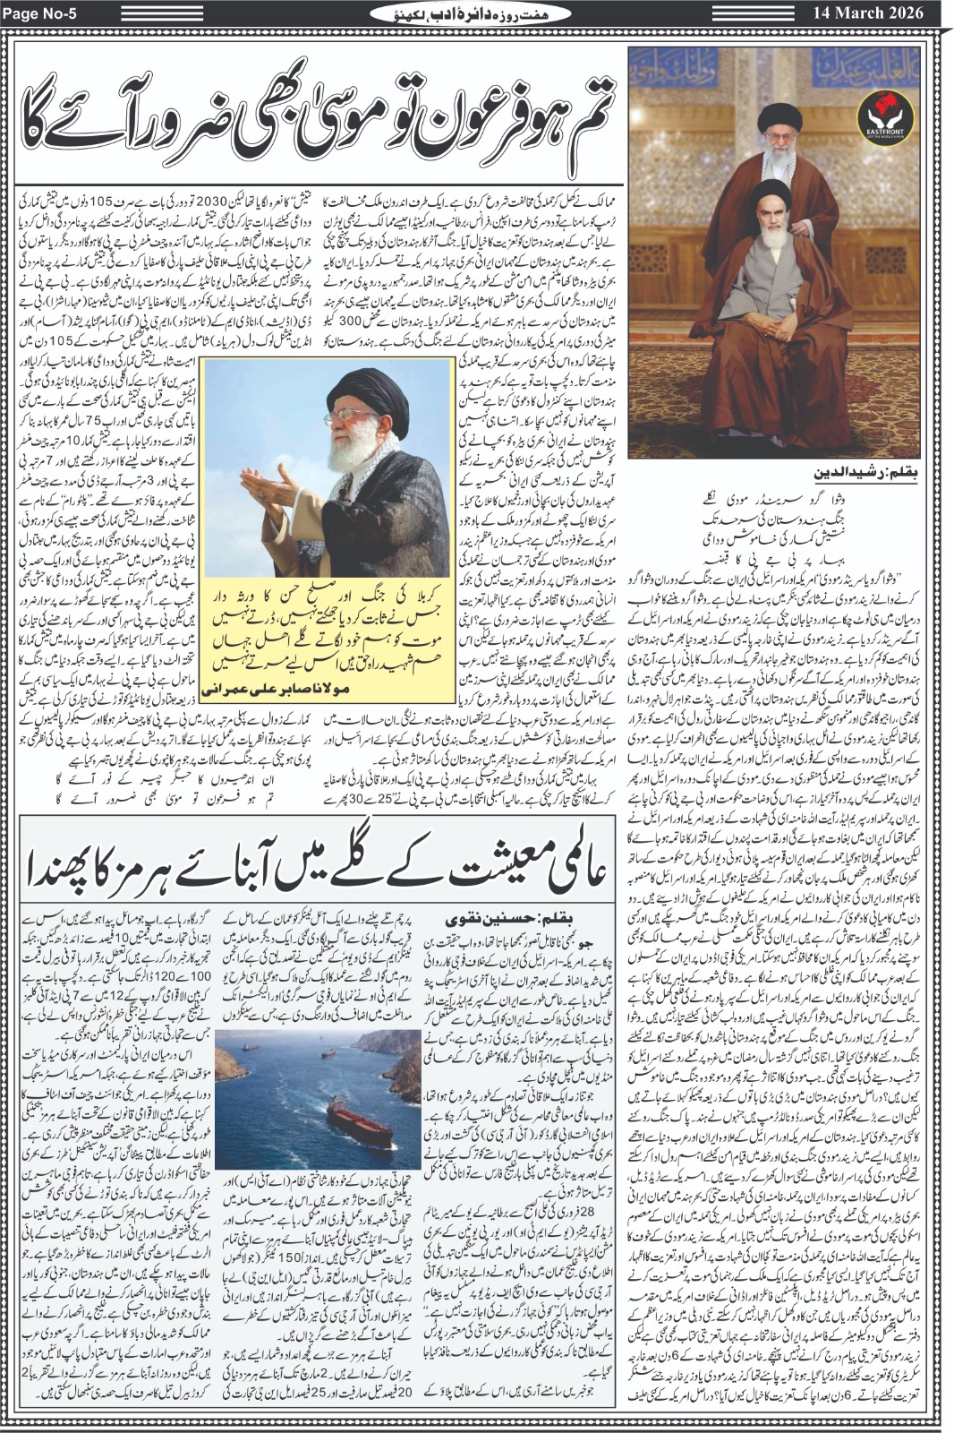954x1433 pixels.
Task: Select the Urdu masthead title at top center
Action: point(474,13)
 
